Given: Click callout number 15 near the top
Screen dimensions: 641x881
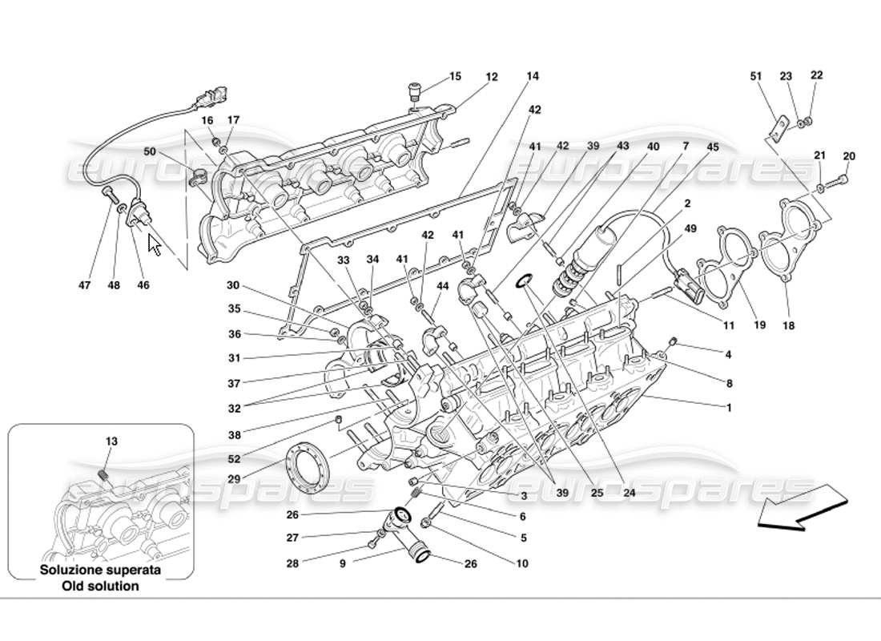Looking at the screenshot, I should [x=455, y=77].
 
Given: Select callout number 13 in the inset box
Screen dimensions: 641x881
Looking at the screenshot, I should [x=111, y=441].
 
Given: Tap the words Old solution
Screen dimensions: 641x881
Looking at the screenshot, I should [x=102, y=586].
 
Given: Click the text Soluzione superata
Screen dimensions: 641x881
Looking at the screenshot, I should [x=102, y=570].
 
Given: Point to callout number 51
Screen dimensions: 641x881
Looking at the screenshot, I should [x=755, y=76].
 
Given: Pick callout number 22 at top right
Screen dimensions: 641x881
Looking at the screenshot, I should [x=816, y=75].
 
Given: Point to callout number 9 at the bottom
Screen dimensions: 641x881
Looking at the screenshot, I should [x=342, y=563].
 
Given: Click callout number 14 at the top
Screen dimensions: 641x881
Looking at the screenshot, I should [x=533, y=77].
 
